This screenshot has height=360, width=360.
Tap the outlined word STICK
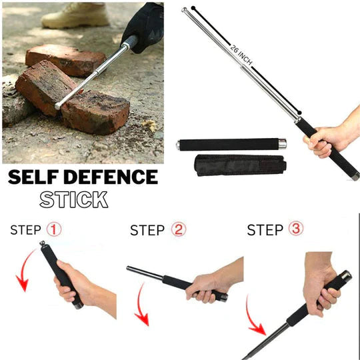click(73, 199)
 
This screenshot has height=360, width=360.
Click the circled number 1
click(54, 230)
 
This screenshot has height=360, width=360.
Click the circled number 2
click(178, 230)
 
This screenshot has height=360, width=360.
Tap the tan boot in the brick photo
click(73, 15)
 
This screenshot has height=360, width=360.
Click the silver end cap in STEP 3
click(344, 275)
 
